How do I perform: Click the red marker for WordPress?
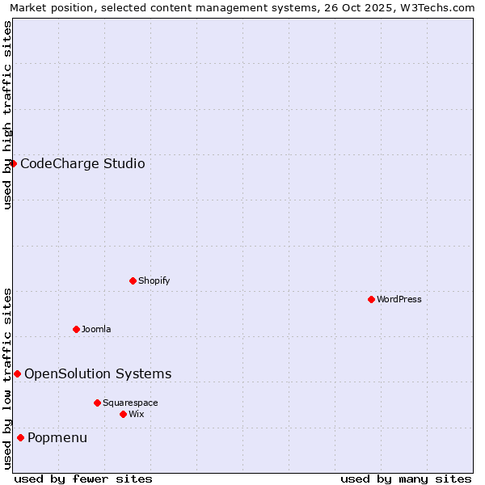371,299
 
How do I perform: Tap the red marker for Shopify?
133,280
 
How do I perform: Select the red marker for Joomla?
76,329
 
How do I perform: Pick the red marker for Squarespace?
97,403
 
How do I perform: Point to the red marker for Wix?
123,414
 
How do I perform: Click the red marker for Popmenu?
20,437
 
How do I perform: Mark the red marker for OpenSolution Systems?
17,373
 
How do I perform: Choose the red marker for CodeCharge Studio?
13,163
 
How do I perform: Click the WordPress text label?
399,300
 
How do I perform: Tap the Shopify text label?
154,281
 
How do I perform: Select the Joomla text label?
96,330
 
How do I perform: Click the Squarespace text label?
130,403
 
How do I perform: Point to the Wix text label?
137,415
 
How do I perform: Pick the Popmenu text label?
57,438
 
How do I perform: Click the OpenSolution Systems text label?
98,374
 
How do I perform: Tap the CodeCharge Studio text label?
82,164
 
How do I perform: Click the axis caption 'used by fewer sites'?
83,479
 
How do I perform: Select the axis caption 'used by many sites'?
406,479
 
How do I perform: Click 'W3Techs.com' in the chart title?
436,7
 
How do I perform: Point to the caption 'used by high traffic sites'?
7,115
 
